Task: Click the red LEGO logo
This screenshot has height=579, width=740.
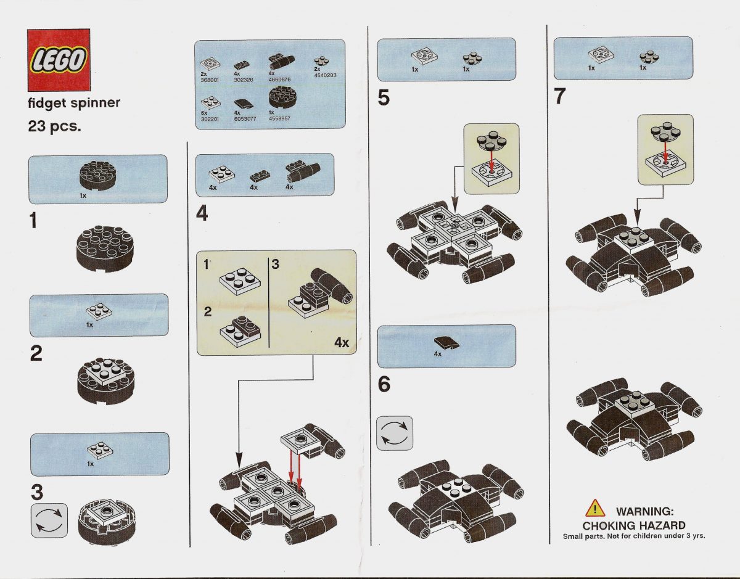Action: (59, 59)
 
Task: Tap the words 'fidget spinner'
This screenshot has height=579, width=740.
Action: (74, 103)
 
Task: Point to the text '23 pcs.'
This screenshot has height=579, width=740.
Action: (54, 128)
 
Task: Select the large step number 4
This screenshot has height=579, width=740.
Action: (202, 214)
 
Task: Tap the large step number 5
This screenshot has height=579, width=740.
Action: (384, 98)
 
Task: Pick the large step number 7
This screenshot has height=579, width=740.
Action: (560, 97)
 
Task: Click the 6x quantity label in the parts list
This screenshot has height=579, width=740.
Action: (205, 113)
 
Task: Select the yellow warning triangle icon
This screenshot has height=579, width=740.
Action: (595, 509)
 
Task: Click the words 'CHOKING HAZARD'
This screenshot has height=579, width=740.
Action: (634, 525)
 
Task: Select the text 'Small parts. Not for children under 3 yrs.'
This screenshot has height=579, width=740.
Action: (633, 536)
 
